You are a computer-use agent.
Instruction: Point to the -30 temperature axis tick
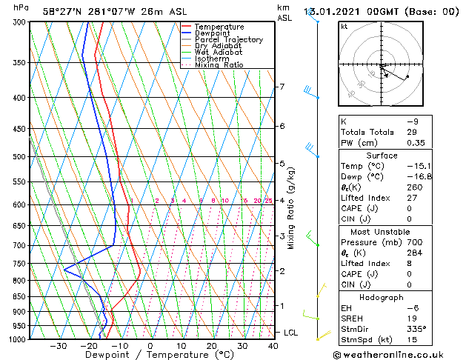click(58, 346)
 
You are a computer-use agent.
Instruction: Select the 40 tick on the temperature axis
click(273, 346)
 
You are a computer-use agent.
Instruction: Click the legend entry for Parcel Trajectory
click(228, 39)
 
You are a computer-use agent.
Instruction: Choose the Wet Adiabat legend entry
click(219, 52)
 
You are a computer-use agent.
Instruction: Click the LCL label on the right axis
click(291, 333)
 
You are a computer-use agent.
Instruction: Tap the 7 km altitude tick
click(282, 87)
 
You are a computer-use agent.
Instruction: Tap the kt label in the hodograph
click(344, 26)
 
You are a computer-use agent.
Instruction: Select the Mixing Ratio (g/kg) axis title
click(291, 208)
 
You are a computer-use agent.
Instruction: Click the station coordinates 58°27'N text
click(64, 11)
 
